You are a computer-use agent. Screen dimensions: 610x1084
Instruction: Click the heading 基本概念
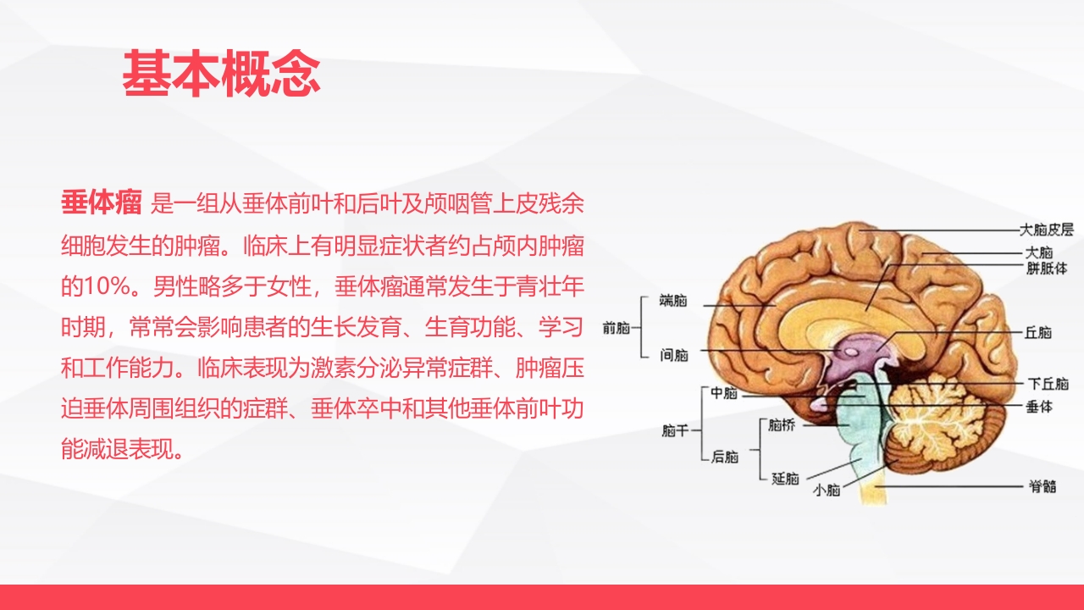tap(221, 74)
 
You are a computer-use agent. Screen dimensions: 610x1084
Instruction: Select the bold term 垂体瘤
tap(101, 204)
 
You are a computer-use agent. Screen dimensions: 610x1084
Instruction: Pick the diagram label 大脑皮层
tap(1046, 229)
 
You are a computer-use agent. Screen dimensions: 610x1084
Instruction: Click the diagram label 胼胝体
tap(1046, 269)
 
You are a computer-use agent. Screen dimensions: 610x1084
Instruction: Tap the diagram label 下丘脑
tap(1048, 384)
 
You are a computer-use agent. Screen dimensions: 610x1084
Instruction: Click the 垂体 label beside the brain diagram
tap(1038, 407)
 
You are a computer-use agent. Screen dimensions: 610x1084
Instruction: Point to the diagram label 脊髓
tap(1042, 486)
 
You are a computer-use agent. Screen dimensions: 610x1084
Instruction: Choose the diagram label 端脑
tap(673, 300)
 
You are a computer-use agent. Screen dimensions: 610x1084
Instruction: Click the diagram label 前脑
tap(616, 329)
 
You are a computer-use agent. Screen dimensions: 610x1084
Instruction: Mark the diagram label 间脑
tap(673, 355)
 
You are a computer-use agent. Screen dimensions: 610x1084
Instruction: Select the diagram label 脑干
tap(675, 431)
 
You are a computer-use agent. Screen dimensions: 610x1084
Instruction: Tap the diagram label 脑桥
tap(781, 426)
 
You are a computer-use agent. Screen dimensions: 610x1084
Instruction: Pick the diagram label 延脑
tap(785, 479)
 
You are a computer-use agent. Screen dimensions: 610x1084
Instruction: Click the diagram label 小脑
tap(826, 490)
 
